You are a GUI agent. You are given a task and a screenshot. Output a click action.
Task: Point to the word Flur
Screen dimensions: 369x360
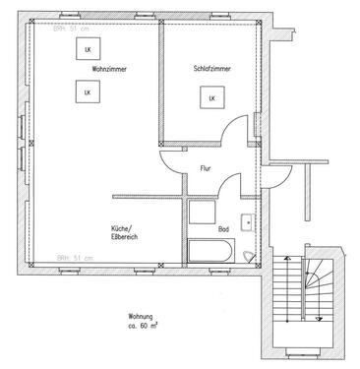point(206,168)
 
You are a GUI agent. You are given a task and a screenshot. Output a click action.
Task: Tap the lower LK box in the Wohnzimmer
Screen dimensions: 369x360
point(87,92)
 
